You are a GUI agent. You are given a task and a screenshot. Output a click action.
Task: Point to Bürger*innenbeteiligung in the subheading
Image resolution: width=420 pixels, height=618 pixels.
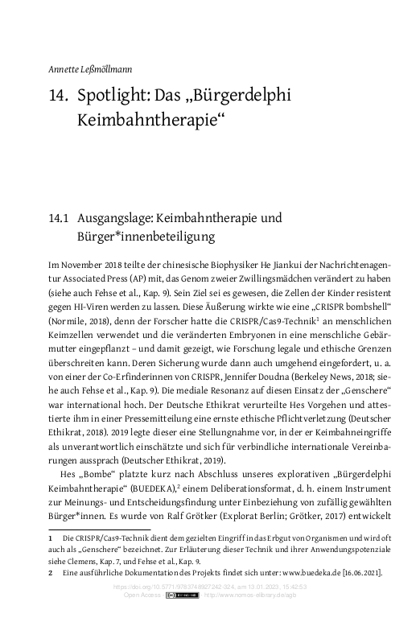coord(142,237)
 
